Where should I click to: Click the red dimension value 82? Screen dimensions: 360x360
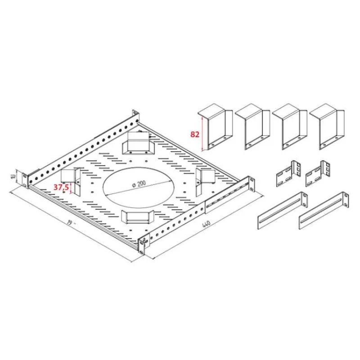(x=195, y=134)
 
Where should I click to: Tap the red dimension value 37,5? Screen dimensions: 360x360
(x=61, y=187)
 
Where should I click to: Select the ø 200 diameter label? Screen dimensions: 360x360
(x=139, y=184)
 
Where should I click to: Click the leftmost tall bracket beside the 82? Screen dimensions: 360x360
(x=216, y=127)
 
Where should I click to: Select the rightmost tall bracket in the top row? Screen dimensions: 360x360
(x=327, y=127)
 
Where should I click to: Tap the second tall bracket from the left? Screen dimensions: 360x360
(x=252, y=127)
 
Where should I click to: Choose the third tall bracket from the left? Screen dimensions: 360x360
(x=290, y=127)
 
